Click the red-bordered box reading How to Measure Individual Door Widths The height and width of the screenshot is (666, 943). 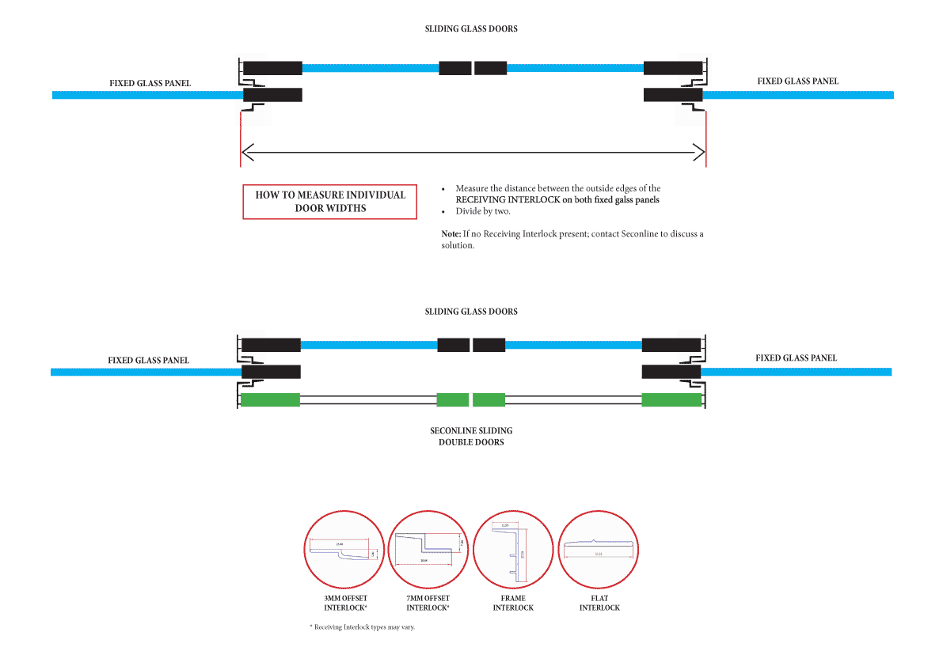329,202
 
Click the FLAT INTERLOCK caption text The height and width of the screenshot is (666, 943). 599,604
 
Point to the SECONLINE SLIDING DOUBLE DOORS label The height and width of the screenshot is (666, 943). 471,437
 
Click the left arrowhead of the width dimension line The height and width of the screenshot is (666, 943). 246,150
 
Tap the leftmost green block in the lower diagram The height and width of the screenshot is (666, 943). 270,400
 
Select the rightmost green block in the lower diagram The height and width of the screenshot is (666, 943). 671,400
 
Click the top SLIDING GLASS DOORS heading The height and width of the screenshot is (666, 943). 471,28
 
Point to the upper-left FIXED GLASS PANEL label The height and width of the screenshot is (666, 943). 150,83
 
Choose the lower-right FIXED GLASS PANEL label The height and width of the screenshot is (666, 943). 796,358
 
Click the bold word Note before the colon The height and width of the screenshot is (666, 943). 451,234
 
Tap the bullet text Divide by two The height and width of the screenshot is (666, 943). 483,212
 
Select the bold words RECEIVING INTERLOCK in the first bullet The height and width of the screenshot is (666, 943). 501,200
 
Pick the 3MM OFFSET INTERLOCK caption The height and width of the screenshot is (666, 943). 345,604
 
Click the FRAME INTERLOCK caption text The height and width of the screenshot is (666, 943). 513,604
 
